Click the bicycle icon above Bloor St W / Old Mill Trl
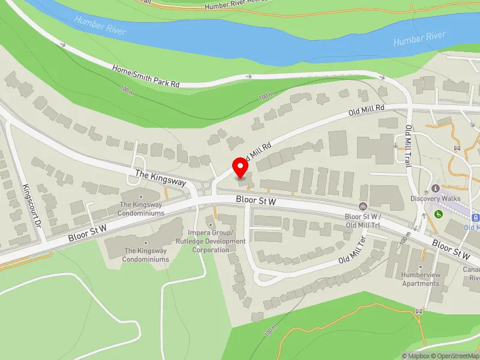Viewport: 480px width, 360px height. pyautogui.click(x=362, y=206)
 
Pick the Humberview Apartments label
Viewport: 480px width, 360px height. pyautogui.click(x=421, y=280)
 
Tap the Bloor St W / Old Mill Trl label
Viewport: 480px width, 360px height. pyautogui.click(x=364, y=220)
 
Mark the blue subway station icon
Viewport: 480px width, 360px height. pyautogui.click(x=476, y=218)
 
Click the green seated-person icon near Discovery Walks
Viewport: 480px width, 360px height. pyautogui.click(x=439, y=213)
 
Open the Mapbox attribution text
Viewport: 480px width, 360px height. pyautogui.click(x=415, y=356)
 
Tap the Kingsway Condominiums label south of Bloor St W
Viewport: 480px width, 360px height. pyautogui.click(x=146, y=255)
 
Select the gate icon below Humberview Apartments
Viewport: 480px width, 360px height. pyautogui.click(x=418, y=311)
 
